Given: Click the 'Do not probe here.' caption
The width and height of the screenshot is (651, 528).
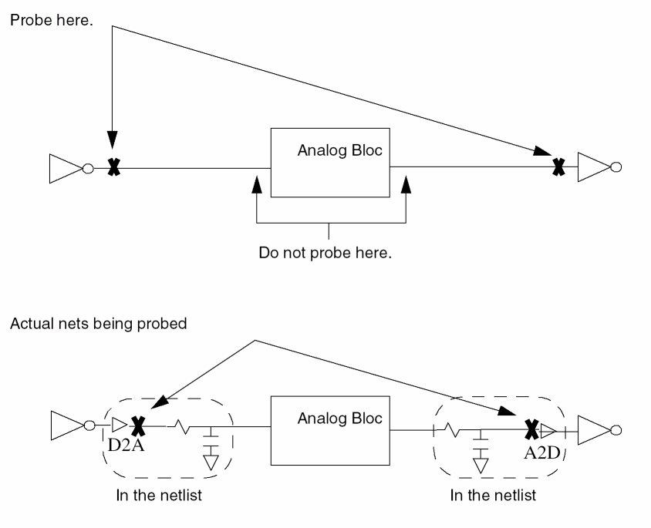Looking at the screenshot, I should coord(325,253).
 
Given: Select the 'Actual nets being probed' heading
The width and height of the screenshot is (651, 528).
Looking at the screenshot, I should coord(98,324).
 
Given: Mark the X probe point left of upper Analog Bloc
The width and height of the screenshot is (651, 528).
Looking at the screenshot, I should coord(113,166).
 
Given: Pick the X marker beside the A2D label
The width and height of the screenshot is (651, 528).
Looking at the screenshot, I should coord(531,429).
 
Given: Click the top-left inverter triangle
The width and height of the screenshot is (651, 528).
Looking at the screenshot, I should coord(65,167).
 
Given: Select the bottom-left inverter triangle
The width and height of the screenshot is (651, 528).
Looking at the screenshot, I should coord(65,425).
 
